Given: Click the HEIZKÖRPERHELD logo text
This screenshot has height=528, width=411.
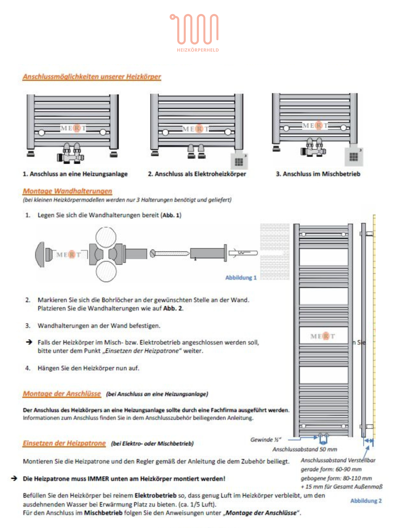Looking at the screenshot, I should tap(198, 50).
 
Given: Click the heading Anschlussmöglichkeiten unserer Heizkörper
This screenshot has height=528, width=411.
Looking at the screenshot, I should tap(92, 77).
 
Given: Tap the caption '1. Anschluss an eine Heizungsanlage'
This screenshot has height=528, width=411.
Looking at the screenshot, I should tap(75, 174).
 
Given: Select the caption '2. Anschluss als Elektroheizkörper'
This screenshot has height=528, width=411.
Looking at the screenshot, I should tap(197, 174).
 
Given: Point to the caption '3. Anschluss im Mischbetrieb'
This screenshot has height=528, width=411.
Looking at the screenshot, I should tap(318, 174).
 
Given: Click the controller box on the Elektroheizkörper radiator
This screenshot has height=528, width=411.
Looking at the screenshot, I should tap(239, 161).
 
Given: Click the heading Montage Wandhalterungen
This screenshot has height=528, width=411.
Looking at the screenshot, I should tap(67, 191).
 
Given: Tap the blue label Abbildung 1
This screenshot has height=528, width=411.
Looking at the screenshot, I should tap(241, 277).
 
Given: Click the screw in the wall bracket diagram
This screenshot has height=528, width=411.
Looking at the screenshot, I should tap(169, 253).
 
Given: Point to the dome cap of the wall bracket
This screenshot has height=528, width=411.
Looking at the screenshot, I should tap(40, 254).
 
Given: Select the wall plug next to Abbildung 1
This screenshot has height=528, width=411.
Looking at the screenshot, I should tap(243, 253).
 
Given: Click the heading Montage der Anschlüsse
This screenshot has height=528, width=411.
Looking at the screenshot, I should tap(62, 394).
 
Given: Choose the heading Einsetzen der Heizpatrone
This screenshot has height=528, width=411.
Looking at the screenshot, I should tap(64, 443).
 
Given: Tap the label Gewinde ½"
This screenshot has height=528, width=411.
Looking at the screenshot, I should tap(265, 440).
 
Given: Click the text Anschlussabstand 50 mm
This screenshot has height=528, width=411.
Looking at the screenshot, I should tap(305, 449).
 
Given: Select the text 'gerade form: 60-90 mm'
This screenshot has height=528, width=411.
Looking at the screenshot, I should tap(331, 469).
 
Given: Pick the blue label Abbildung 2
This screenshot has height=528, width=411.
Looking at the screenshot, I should tap(366, 501).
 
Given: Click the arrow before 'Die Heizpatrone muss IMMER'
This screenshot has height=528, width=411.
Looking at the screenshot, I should tap(14, 478).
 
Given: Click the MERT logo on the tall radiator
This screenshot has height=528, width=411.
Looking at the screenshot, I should tap(323, 336).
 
